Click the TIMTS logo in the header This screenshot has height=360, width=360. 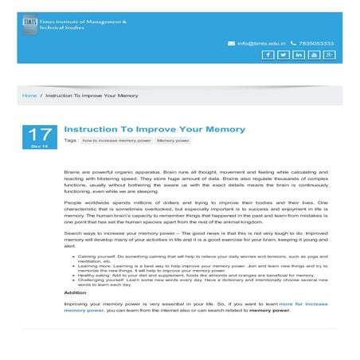tap(29, 25)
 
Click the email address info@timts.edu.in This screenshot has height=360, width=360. tap(260, 43)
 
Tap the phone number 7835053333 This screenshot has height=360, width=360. tap(318, 43)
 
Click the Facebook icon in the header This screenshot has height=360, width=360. tap(268, 55)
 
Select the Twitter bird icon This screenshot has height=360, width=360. tap(283, 55)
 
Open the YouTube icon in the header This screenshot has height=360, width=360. tap(314, 55)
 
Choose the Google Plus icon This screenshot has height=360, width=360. tap(329, 55)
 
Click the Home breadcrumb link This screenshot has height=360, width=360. tap(29, 96)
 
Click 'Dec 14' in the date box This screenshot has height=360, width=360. tap(39, 147)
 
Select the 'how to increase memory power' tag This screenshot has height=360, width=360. tap(116, 140)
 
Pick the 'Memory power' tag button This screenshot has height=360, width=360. tap(173, 140)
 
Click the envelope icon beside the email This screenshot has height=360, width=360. tap(231, 43)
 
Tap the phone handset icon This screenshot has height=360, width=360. tap(294, 43)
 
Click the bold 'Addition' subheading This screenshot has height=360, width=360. tap(76, 292)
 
